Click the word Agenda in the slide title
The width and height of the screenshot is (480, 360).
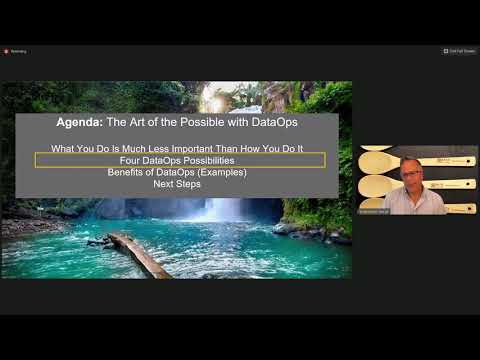[x=80, y=123]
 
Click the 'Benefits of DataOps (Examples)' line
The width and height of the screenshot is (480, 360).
[x=177, y=172]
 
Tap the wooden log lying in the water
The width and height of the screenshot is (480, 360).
[x=138, y=254]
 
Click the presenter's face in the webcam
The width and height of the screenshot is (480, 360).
[x=410, y=172]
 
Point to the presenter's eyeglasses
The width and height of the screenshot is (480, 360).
[x=410, y=169]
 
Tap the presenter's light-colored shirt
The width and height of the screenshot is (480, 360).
[x=412, y=201]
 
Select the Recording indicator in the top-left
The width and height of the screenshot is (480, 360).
[x=15, y=51]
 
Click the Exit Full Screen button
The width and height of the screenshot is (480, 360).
[x=459, y=51]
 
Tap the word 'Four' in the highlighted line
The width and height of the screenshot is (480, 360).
[x=131, y=160]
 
